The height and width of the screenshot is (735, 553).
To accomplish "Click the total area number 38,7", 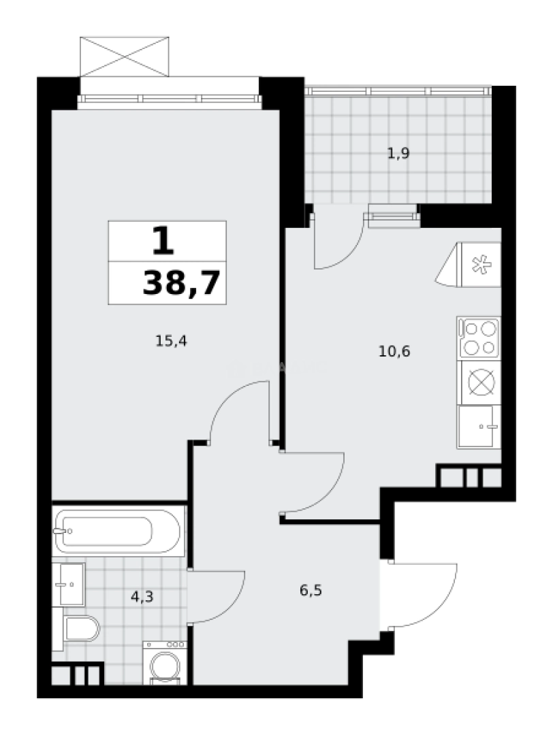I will click(x=183, y=282).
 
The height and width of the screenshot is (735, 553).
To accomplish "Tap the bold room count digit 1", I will click(x=161, y=240).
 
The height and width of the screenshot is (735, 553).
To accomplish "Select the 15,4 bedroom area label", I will click(x=171, y=341).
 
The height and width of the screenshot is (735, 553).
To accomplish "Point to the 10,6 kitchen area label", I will click(x=394, y=352).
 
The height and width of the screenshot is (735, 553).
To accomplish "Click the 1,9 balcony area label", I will click(x=398, y=154).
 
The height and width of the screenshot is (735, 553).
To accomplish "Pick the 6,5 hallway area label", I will click(x=311, y=590).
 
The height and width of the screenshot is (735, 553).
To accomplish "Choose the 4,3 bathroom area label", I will click(x=142, y=598).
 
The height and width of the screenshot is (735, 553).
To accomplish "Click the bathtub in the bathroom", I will click(x=118, y=531).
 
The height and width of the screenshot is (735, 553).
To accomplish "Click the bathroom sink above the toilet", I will click(x=71, y=584).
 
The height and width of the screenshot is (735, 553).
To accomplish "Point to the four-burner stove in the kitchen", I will click(x=479, y=338).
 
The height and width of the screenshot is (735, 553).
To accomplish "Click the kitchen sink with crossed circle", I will click(x=480, y=382).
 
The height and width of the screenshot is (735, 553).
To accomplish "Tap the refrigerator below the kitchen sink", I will click(x=479, y=426).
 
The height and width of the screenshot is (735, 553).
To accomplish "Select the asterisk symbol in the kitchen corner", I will click(x=481, y=264).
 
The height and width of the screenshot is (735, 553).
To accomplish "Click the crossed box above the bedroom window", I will click(x=125, y=56).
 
